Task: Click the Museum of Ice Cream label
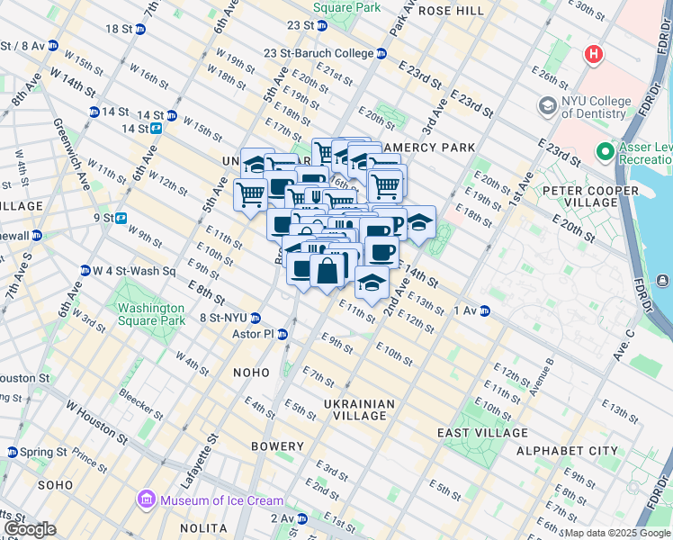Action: [220, 500]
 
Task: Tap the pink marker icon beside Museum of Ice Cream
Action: [145, 499]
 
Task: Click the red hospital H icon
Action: [593, 55]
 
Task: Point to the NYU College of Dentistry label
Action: [607, 107]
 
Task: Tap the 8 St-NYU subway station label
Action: [223, 318]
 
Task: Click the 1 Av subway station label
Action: [465, 310]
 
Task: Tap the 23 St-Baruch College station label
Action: [319, 54]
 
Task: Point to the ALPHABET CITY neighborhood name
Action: [566, 450]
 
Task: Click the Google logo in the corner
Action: [29, 529]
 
